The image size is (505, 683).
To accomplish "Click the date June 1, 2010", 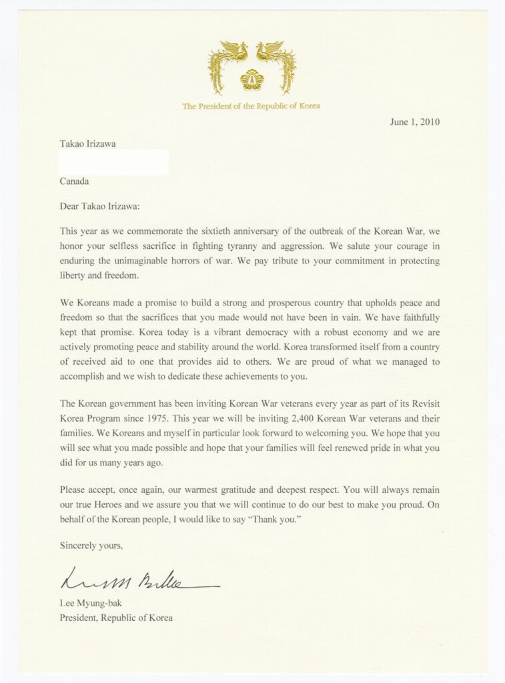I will (415, 122).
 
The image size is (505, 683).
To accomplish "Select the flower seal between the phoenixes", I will (251, 79).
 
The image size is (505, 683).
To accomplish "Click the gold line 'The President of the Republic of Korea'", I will (251, 106).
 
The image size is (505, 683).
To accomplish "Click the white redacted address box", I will (113, 163).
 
